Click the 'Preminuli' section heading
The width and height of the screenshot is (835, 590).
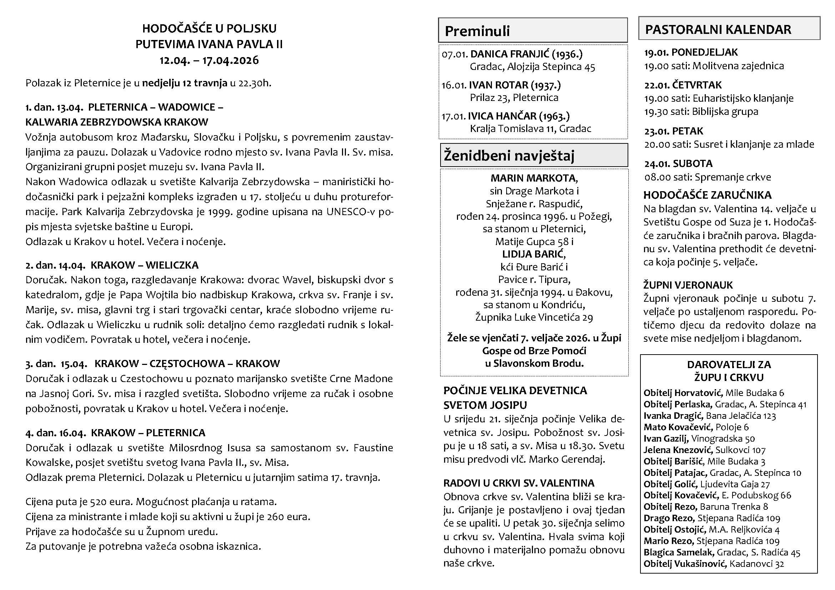click(477, 31)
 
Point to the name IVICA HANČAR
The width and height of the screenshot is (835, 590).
click(502, 116)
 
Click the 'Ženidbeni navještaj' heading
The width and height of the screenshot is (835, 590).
click(509, 156)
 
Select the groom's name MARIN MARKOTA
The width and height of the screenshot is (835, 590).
click(533, 178)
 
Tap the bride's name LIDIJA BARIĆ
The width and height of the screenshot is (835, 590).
click(533, 254)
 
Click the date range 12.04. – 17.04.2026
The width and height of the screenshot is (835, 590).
click(209, 60)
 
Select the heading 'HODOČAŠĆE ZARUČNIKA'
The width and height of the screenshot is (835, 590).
click(707, 195)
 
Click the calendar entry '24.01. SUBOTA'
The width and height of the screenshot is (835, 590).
click(678, 163)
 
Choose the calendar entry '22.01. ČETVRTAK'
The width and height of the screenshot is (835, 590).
click(683, 85)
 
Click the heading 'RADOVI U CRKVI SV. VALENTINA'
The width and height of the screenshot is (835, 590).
click(519, 483)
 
